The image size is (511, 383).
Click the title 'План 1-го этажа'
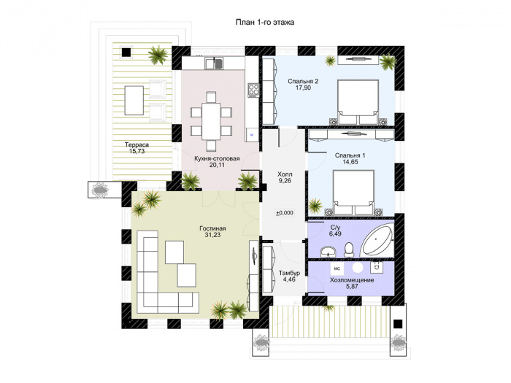pyautogui.click(x=265, y=22)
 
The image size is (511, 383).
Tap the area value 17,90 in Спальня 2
pyautogui.click(x=303, y=88)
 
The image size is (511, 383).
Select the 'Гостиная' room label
pyautogui.click(x=212, y=228)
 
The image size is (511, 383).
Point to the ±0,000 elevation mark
pyautogui.click(x=285, y=213)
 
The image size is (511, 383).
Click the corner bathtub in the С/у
pyautogui.click(x=377, y=240)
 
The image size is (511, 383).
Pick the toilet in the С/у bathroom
pyautogui.click(x=349, y=249)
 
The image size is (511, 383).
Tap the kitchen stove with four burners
pyautogui.click(x=253, y=90)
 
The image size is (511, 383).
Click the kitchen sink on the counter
pyautogui.click(x=214, y=63)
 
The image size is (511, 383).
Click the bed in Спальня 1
pyautogui.click(x=353, y=192)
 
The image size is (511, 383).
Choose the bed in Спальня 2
pyautogui.click(x=358, y=101)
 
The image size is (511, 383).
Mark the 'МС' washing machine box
pyautogui.click(x=337, y=268)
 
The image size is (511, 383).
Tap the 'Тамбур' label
pyautogui.click(x=289, y=273)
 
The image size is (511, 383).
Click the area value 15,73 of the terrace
pyautogui.click(x=137, y=151)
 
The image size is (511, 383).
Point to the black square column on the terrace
pyautogui.click(x=126, y=52)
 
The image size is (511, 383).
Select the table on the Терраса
pyautogui.click(x=134, y=100)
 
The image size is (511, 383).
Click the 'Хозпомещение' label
pyautogui.click(x=352, y=280)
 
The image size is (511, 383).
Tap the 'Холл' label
pyautogui.click(x=285, y=174)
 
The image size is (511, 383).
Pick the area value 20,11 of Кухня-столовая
pyautogui.click(x=217, y=165)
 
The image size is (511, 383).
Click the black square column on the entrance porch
pyautogui.click(x=398, y=324)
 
